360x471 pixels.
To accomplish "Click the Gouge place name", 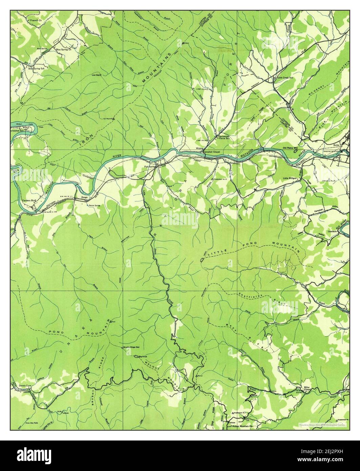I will tap(84, 197).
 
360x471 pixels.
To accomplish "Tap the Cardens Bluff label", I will tap(29, 201).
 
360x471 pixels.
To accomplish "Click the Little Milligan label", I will tap(292, 178).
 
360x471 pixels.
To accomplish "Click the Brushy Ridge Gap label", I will tap(132, 348).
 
